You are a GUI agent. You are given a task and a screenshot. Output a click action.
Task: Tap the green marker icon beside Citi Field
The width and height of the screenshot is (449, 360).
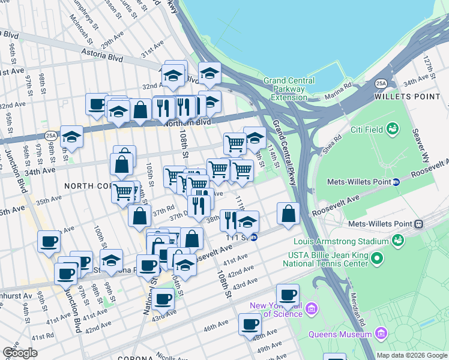[x=393, y=128]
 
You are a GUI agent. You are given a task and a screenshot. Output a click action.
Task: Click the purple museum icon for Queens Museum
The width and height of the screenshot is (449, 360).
[x=381, y=333]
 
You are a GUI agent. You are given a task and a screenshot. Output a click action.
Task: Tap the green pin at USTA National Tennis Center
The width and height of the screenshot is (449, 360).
[x=377, y=259]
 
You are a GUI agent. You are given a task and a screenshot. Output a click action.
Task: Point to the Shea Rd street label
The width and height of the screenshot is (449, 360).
[x=333, y=145]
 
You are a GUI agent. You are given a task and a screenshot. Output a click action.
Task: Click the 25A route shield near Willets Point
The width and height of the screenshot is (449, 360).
[x=381, y=83]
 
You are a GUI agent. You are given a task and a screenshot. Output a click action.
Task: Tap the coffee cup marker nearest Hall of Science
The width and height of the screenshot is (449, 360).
[x=288, y=295]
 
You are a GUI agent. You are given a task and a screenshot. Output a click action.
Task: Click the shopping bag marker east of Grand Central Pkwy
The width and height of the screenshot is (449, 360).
[x=289, y=213]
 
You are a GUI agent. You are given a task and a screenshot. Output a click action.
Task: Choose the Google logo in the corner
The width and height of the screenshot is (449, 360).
[x=20, y=353]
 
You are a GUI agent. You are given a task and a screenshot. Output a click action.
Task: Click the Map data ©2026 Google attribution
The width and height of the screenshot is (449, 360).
[x=411, y=355]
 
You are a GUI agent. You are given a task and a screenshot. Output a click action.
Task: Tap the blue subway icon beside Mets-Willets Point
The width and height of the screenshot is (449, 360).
[x=396, y=182]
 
